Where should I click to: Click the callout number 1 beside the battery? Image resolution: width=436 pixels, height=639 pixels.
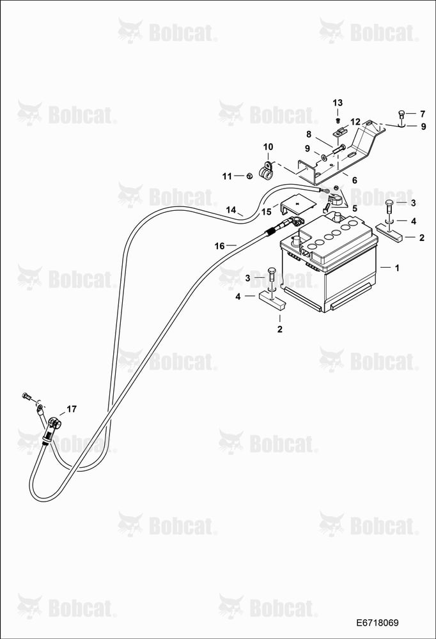coord(397,268)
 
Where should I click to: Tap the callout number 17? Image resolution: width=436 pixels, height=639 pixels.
coord(72,409)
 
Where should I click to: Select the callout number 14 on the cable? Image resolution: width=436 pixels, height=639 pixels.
coord(231,210)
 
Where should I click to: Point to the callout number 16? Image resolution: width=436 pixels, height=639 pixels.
coord(219,246)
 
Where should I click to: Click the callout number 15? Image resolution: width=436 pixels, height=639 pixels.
coord(267,212)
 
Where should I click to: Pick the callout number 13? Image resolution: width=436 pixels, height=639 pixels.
coord(338,103)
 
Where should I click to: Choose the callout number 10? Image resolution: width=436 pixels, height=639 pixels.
coord(268,147)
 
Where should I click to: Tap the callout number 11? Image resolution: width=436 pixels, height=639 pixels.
coord(227,176)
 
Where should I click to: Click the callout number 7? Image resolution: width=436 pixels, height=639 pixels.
coord(423,114)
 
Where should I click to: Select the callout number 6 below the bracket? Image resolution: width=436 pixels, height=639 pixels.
coord(354,180)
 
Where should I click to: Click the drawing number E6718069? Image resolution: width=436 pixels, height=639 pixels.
coord(377,623)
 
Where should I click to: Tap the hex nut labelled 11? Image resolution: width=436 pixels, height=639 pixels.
coord(250,176)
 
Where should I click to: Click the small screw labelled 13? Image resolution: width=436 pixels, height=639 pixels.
coord(338,121)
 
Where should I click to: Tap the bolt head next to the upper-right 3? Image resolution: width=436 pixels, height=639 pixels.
coord(390,203)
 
